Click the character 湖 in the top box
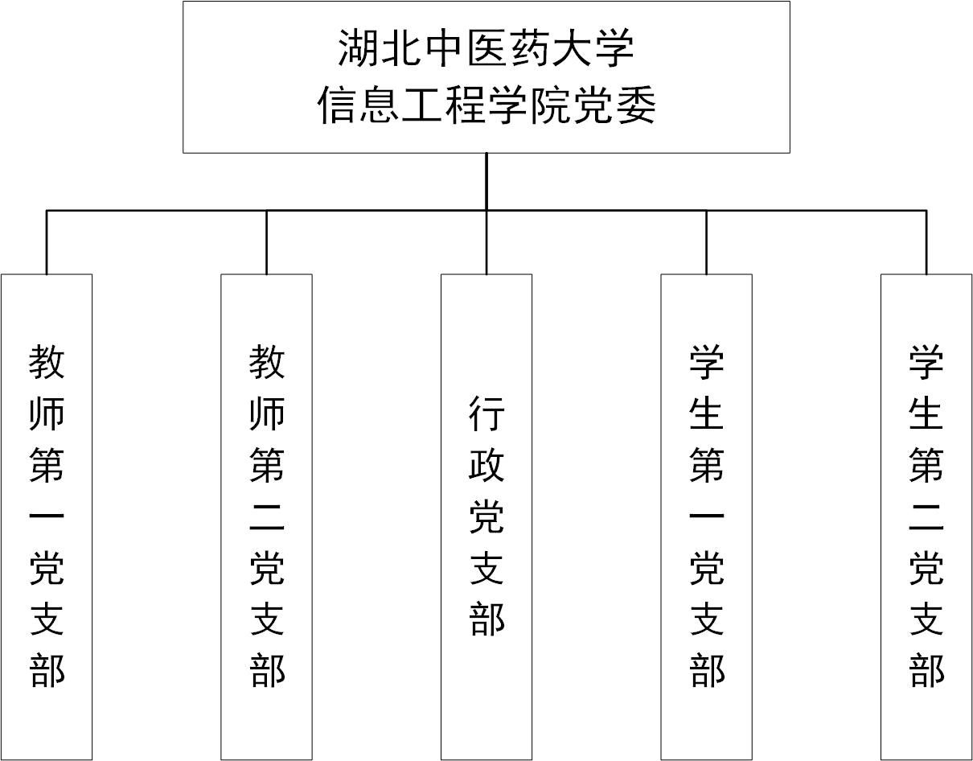[x=357, y=48]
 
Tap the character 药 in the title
[x=529, y=48]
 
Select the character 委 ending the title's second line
[x=636, y=105]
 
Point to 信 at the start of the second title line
[x=337, y=105]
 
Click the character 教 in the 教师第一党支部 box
[x=47, y=361]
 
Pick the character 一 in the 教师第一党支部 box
[x=47, y=516]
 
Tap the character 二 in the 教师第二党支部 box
[x=267, y=517]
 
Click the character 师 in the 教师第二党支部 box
[x=267, y=413]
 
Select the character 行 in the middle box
[x=486, y=413]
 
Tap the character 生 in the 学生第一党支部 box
[x=707, y=413]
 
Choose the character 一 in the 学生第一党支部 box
[x=707, y=516]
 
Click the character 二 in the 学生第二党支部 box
[x=926, y=517]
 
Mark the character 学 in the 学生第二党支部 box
[x=926, y=361]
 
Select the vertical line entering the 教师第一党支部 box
[x=47, y=242]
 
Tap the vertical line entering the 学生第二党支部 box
[x=926, y=242]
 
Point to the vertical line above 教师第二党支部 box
[x=267, y=242]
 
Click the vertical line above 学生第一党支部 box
[x=707, y=242]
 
